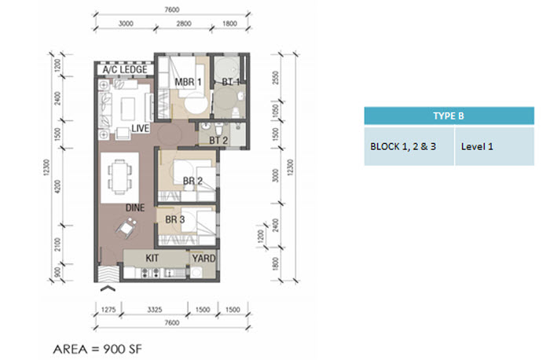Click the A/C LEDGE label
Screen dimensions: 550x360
(125, 69)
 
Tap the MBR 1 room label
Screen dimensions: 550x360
(188, 82)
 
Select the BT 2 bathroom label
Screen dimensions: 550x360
(218, 141)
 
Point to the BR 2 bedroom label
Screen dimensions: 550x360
(192, 181)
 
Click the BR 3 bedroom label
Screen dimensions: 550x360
(174, 219)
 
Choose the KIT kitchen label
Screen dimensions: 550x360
(152, 259)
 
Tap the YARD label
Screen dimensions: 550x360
(203, 259)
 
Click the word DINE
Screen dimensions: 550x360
(135, 208)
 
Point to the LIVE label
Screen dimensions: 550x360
(141, 128)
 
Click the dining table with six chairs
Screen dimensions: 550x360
(119, 177)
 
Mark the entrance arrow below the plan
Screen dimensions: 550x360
(108, 288)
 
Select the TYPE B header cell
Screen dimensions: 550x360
(449, 116)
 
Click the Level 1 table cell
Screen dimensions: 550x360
(494, 146)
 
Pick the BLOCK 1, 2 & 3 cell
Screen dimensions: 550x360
(409, 146)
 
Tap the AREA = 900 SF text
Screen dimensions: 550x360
(97, 349)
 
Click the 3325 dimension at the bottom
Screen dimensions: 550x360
(154, 310)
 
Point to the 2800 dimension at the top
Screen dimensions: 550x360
(184, 24)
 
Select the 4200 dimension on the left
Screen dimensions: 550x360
(58, 186)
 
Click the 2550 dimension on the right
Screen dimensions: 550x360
(276, 78)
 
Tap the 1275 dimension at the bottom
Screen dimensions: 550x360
(108, 310)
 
